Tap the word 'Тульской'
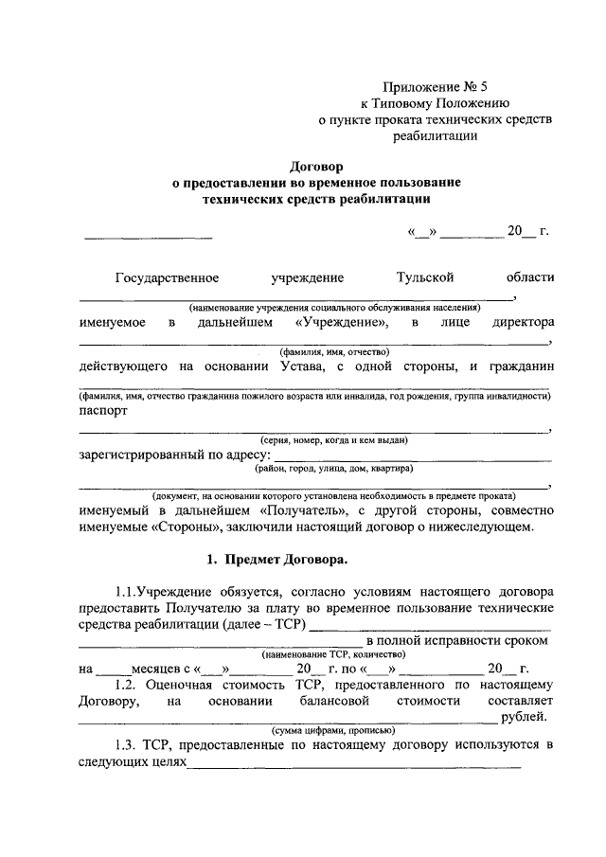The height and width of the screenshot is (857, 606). pos(425,277)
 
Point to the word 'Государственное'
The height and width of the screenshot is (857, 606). pos(168,277)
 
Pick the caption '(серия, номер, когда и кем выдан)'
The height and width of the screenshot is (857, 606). pos(334,440)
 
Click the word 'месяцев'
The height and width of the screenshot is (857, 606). pos(145,670)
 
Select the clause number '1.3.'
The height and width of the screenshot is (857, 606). pos(125,745)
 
